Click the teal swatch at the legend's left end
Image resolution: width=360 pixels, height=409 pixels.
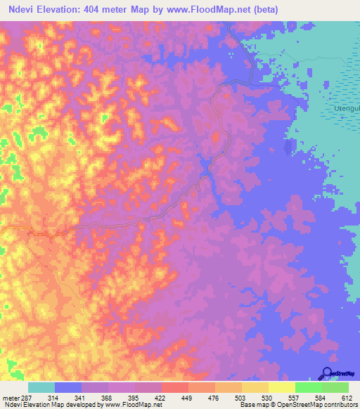(x=41, y=387)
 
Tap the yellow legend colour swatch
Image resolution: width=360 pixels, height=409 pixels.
(x=282, y=387)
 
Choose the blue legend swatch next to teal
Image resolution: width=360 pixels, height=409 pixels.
(x=68, y=387)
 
